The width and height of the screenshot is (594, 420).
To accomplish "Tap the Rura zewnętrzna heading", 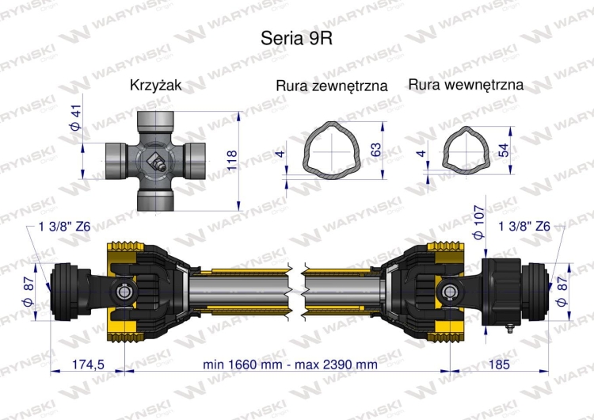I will point(331,86).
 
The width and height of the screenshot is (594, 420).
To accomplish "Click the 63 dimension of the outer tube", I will point(375,148).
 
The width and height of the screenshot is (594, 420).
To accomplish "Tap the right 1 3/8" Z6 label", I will point(524,227).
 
